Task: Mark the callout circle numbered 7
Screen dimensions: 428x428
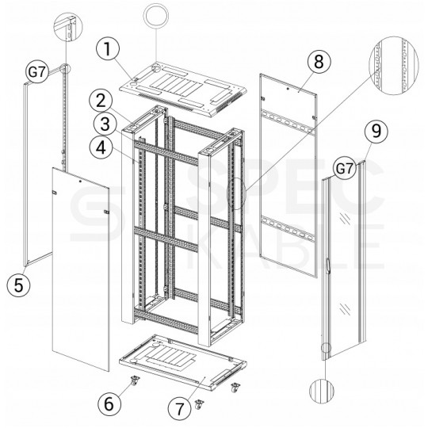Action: pos(179,408)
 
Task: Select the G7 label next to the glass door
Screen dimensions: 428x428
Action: pos(343,168)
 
